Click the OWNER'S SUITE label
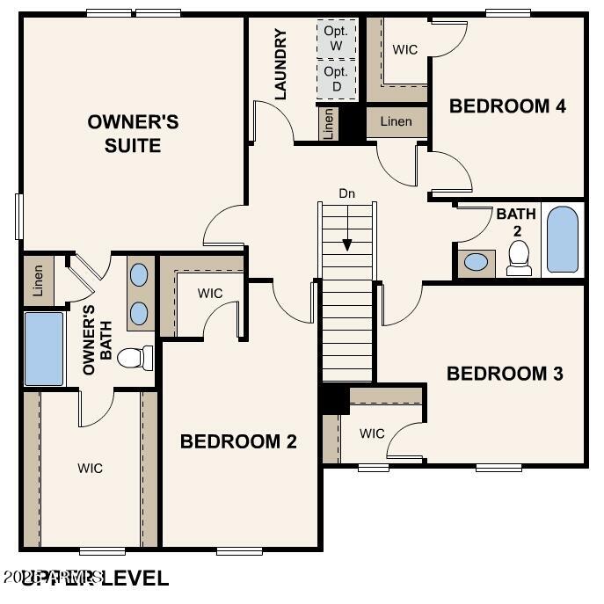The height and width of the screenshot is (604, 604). coord(133,133)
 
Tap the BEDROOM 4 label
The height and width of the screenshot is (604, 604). coord(507,106)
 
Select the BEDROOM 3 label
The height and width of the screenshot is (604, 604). coord(505,373)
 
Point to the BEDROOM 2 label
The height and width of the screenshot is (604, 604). coord(238,441)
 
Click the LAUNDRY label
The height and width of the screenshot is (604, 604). coord(281,64)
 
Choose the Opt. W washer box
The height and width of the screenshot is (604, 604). coord(337,38)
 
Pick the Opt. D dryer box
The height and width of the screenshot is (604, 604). coord(337,78)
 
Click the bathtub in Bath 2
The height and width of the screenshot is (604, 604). coord(563,239)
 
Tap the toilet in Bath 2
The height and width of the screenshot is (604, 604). coord(520,257)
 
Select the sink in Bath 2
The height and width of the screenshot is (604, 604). coord(477,262)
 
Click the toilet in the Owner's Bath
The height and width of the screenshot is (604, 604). coord(135,358)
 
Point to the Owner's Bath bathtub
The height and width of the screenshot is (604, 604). coord(43,349)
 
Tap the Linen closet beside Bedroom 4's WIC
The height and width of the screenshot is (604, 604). coord(396,121)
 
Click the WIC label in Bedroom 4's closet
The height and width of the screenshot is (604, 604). coord(405,49)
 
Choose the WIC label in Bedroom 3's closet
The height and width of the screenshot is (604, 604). coord(372,433)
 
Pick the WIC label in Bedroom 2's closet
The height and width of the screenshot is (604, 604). coord(210,293)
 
